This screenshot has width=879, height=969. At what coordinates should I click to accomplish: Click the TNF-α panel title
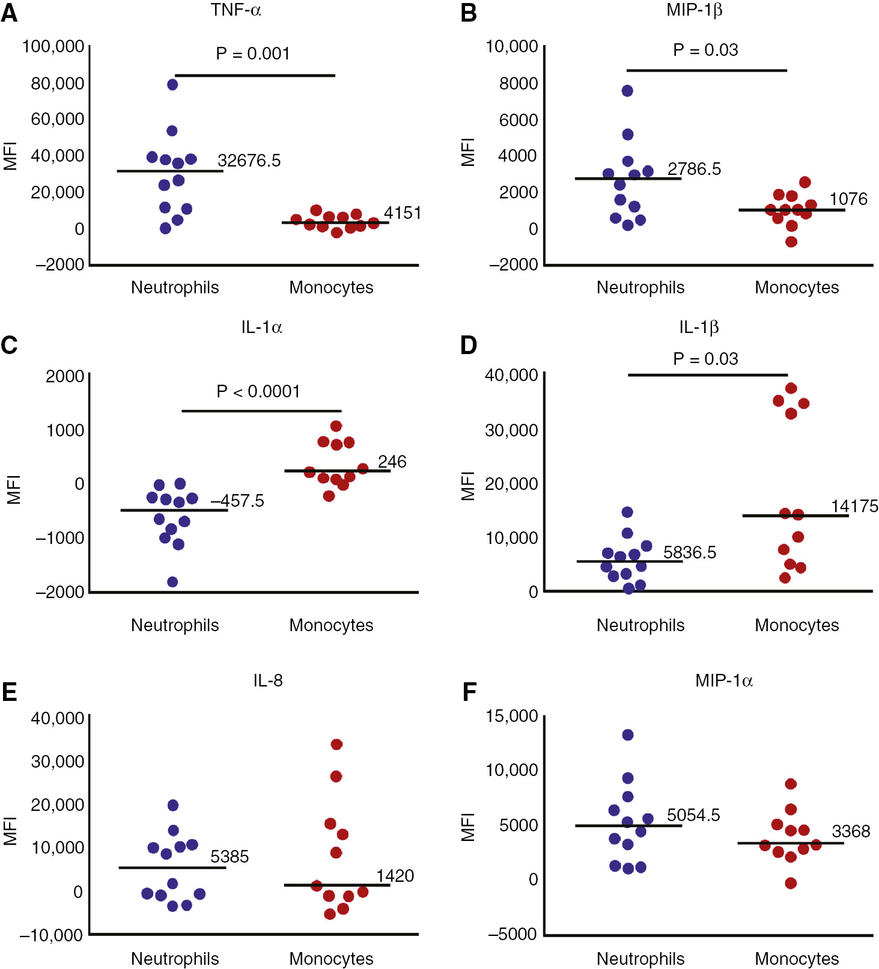[236, 10]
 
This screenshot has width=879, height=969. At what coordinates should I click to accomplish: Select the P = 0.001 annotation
[253, 53]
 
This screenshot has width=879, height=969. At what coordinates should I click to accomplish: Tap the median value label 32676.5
[249, 160]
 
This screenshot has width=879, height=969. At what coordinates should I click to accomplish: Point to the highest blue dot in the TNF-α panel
[172, 85]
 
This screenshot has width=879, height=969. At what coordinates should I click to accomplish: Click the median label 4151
[403, 213]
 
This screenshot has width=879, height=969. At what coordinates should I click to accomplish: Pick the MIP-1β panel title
[694, 10]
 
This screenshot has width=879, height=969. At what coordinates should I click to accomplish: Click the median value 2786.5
[694, 169]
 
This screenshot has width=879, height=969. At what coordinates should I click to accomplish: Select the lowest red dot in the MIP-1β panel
[791, 242]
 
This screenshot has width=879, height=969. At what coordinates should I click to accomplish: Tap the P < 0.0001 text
[258, 391]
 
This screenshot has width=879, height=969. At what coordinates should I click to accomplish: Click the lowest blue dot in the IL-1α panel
[172, 582]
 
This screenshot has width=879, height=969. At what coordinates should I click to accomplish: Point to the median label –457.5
[237, 501]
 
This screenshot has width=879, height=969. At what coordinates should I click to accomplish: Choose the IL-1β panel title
[699, 327]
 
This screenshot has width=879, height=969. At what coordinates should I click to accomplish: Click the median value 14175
[854, 506]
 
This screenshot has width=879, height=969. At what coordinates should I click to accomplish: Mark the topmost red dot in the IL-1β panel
[791, 388]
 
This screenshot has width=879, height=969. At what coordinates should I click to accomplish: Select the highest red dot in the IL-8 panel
[336, 744]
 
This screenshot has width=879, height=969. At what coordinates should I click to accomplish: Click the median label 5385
[230, 857]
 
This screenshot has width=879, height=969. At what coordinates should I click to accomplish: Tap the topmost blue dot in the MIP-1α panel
[628, 735]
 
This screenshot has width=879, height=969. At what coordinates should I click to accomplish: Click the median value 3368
[851, 831]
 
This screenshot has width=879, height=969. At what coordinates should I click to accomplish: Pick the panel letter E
[10, 692]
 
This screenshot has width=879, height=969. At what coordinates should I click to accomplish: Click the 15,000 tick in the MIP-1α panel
[512, 716]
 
